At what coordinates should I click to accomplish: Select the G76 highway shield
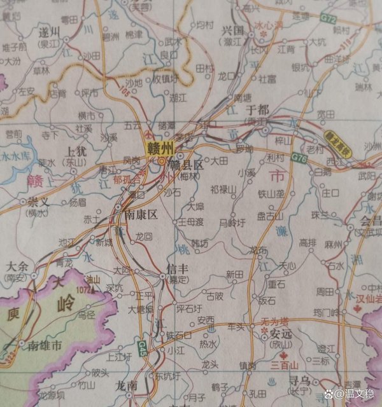(x=298, y=156)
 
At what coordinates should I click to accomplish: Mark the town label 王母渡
(x=190, y=221)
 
